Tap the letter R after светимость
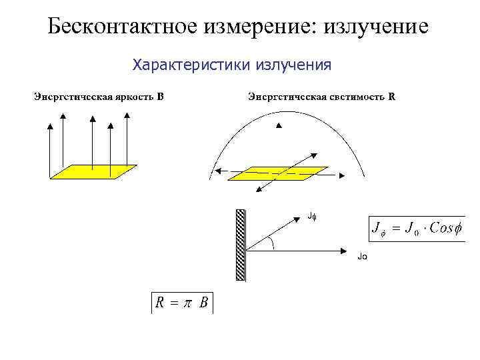coord(392,96)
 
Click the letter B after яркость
coord(160,96)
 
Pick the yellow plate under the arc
coord(277,173)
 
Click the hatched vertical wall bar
coord(240,245)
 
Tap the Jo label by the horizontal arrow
coord(362,256)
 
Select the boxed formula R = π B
coord(182,303)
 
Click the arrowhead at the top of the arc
coord(280,125)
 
